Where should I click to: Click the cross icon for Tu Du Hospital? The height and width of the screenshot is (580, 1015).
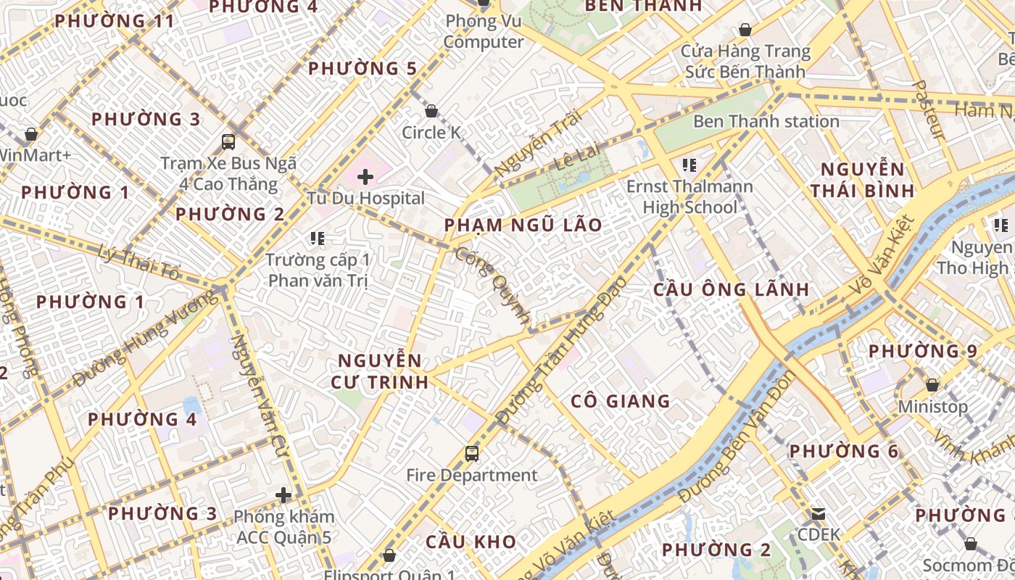(x=365, y=176)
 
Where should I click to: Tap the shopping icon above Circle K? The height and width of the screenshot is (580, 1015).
(x=431, y=111)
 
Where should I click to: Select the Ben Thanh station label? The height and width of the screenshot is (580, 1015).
(x=766, y=121)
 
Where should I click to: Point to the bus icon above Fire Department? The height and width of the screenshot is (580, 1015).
(x=472, y=454)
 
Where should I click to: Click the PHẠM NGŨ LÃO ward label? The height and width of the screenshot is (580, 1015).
(x=523, y=225)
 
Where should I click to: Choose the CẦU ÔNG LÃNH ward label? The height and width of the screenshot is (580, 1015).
(x=731, y=289)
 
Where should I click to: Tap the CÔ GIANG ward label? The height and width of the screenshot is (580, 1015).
(x=620, y=401)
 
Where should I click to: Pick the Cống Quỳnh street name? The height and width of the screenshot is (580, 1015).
(x=493, y=284)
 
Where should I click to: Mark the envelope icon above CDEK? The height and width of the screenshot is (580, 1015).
(x=819, y=514)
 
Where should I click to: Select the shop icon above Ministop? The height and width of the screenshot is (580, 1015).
(x=932, y=385)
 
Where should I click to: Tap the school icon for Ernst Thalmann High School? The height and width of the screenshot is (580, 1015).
(x=689, y=165)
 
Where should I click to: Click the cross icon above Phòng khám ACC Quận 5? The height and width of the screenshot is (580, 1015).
(x=283, y=496)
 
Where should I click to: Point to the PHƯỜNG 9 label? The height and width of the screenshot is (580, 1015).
(x=923, y=351)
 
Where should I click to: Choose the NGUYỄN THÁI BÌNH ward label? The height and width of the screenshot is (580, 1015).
(x=862, y=181)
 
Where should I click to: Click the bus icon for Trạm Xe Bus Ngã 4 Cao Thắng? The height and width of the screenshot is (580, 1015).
(x=228, y=142)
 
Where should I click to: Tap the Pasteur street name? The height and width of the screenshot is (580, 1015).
(x=927, y=109)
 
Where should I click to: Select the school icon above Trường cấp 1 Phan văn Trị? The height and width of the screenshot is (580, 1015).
(x=317, y=238)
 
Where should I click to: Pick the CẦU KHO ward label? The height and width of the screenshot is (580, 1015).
(x=471, y=542)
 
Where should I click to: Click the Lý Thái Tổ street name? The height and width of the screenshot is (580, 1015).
(x=141, y=262)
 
